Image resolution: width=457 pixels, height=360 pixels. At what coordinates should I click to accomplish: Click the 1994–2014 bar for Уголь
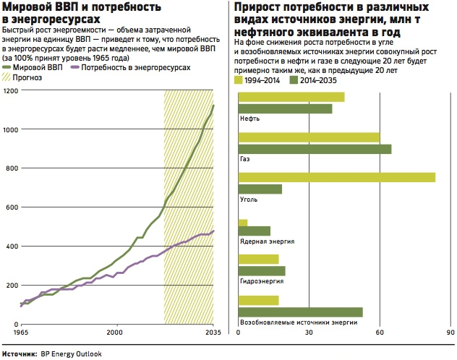pos(337,177)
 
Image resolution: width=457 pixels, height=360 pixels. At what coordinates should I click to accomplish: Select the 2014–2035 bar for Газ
pos(315,149)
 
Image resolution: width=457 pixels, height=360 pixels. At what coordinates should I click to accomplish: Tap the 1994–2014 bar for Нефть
pos(291,97)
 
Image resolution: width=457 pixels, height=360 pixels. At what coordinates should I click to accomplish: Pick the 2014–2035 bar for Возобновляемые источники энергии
pos(300,312)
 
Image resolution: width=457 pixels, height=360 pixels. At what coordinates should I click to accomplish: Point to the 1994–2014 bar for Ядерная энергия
pos(243,223)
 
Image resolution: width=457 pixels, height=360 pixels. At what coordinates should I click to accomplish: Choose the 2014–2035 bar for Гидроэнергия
pos(262,271)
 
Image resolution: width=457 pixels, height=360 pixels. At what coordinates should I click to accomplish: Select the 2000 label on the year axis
pos(114,333)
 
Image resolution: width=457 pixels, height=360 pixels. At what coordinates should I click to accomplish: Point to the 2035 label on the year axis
pos(213,333)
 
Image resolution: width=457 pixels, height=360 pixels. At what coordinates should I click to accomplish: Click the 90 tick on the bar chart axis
pos(450,333)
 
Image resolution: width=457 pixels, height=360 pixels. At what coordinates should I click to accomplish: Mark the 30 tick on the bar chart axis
pos(309,333)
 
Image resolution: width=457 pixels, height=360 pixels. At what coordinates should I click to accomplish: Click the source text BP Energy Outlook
pos(72,354)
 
